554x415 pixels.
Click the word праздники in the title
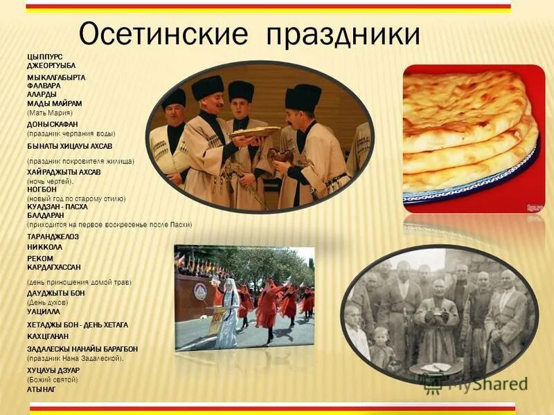tap(343, 34)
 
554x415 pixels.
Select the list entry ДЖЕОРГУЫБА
tap(51, 65)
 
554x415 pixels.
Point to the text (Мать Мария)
tap(49, 112)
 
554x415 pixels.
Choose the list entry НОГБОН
tap(41, 188)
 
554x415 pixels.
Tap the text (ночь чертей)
tap(49, 181)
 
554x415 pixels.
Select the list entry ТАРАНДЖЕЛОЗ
tap(53, 237)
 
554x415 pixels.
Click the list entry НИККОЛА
tap(44, 246)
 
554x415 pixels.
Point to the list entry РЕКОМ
tap(39, 258)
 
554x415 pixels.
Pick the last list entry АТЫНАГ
tap(41, 389)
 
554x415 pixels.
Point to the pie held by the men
tap(256, 131)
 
